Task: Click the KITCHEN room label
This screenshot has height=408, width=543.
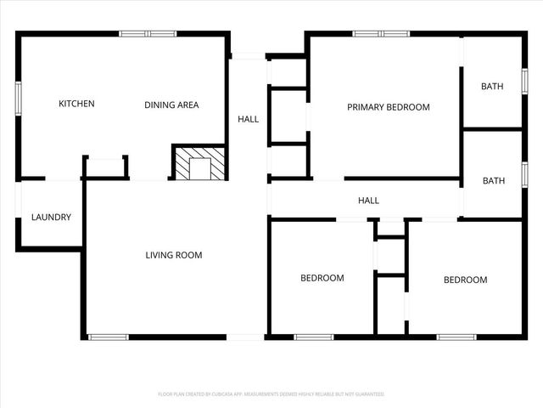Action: tap(76, 105)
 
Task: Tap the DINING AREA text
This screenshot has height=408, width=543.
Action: tap(171, 105)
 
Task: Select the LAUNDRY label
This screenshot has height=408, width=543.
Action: tap(51, 218)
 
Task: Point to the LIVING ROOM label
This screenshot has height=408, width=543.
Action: tap(174, 255)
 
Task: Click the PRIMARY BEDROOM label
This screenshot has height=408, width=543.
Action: tap(389, 108)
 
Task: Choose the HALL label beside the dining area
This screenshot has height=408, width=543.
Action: tap(249, 120)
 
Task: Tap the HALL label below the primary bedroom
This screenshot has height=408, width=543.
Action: tap(368, 201)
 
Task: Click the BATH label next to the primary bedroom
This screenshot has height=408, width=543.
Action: tap(492, 87)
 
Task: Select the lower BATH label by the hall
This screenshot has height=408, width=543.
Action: tap(493, 181)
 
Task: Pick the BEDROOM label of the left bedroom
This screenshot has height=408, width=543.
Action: tap(322, 278)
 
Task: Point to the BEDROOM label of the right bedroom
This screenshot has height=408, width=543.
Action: tap(466, 280)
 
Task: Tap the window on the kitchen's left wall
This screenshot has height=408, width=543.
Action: tap(18, 97)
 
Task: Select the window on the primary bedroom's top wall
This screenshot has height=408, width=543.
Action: tap(381, 34)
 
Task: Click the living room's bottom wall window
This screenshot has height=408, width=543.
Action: tap(108, 337)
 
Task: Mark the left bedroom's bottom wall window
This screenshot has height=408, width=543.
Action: tap(313, 337)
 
